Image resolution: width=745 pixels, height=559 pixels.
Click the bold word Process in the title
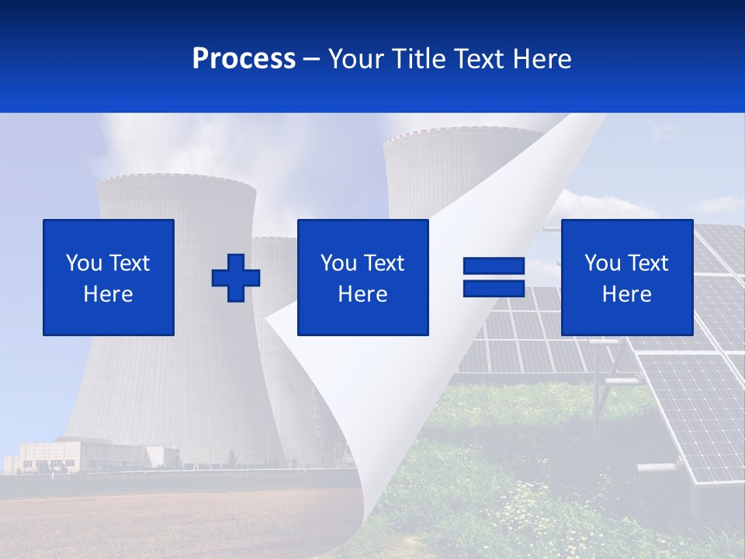[244, 59]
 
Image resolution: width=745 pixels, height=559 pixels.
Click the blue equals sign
[494, 277]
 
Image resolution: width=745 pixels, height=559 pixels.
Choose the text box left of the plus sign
[109, 277]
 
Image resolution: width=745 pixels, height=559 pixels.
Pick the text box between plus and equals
[362, 277]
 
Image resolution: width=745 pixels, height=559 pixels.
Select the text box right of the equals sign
[626, 277]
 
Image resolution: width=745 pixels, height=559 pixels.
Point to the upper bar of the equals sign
[494, 266]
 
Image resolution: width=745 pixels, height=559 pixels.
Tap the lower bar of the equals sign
[494, 288]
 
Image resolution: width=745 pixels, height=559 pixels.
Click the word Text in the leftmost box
[129, 263]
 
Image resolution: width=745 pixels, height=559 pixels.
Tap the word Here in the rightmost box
[626, 294]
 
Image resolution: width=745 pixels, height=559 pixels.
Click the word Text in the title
[480, 59]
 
